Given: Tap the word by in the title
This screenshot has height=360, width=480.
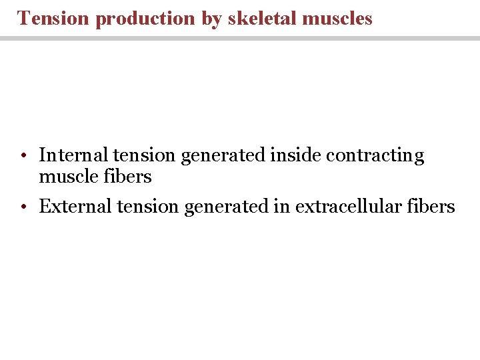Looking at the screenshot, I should coord(211,19).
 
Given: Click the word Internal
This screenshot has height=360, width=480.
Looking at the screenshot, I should coord(73,155).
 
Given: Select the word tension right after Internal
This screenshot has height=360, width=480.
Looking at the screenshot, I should coord(145,155).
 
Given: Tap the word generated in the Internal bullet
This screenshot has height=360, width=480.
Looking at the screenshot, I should coord(223,156).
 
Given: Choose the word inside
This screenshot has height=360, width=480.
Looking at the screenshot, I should coord(295,155).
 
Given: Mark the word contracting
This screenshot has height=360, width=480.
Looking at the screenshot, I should coord(375,156).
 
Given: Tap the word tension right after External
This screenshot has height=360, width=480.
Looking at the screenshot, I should coord(148,207).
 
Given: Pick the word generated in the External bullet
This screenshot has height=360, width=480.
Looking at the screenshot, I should coord(226,207).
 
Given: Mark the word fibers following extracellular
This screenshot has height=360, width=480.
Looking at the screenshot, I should coord(433,207).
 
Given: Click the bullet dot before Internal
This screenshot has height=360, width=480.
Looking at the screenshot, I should coord(23,156).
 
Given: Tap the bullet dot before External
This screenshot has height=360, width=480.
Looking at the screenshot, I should coord(23,207).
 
